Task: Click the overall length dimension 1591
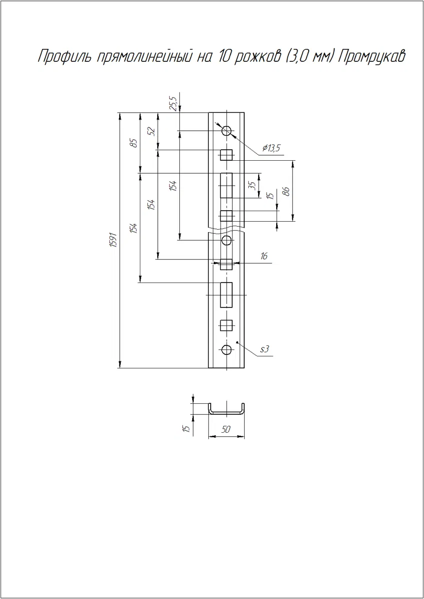(x=114, y=240)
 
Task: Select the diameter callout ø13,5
(x=271, y=148)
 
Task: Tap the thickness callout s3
(x=264, y=349)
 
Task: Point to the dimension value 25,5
(x=174, y=104)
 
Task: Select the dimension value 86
(x=286, y=191)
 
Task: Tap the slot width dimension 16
(x=264, y=256)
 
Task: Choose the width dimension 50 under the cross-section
(x=226, y=429)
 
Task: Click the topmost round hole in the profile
(x=227, y=131)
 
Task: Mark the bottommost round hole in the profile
(x=227, y=349)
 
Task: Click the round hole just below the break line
(x=227, y=241)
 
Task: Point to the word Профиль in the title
(x=65, y=56)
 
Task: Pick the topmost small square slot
(x=226, y=155)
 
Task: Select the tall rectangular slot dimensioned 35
(x=226, y=185)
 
